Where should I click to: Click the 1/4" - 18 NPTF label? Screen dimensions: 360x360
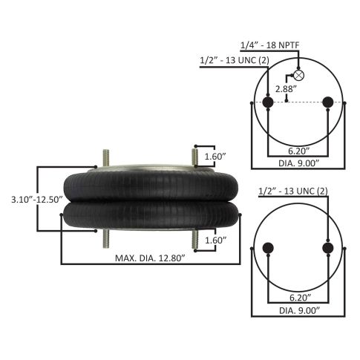tap(270, 45)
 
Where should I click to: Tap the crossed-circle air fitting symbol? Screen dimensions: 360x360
tap(298, 76)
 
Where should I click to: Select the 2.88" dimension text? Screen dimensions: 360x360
tap(286, 89)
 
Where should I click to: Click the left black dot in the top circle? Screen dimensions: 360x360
tap(268, 102)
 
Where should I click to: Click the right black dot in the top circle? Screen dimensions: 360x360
tap(328, 102)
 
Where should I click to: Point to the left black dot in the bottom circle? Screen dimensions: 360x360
tap(268, 248)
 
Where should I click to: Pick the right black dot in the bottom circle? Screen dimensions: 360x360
tap(328, 248)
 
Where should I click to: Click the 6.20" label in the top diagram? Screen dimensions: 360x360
tap(299, 151)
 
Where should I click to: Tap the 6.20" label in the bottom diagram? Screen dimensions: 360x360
tap(301, 298)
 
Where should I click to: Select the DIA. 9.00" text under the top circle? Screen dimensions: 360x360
tap(298, 163)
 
